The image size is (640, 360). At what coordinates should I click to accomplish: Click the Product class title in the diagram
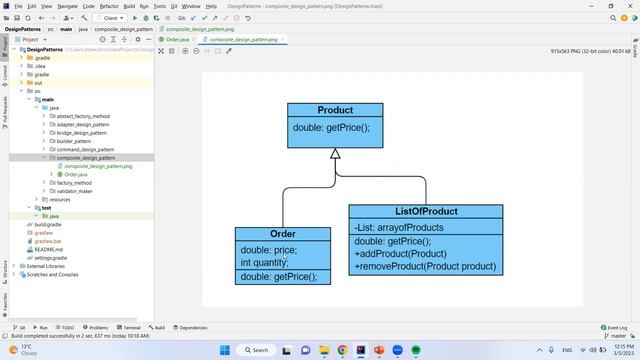335,110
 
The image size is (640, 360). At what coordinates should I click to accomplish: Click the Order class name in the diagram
283,234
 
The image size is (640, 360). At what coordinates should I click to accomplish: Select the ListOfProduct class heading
426,212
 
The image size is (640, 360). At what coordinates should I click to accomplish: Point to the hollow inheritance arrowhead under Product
335,154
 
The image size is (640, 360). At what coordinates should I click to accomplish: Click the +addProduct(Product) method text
400,254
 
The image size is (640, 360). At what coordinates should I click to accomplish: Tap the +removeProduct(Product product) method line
425,267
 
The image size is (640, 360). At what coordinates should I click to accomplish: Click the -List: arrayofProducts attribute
399,228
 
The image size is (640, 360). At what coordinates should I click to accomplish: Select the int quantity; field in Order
264,263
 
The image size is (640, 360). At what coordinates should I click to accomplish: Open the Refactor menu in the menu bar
109,6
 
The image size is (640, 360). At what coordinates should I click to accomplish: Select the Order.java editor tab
176,39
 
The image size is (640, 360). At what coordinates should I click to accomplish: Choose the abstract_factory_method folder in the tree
83,116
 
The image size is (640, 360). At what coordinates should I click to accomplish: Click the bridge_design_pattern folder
81,133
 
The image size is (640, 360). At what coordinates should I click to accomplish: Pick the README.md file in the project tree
49,249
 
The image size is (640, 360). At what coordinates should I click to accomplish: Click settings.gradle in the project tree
51,258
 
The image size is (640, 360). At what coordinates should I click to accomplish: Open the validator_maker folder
77,191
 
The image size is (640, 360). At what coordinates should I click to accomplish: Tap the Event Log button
615,327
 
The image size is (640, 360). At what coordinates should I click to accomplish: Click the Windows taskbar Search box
256,350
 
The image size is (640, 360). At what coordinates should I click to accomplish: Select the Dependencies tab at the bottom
190,327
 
